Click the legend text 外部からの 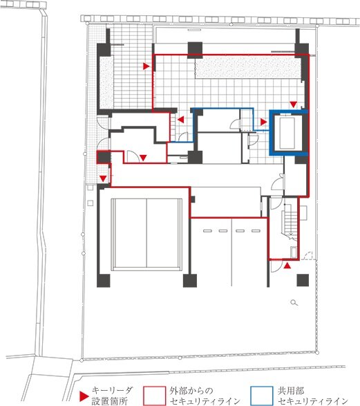191,391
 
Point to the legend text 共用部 291,391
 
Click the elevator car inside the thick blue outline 287,133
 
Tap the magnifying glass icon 294,302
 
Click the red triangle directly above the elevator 293,104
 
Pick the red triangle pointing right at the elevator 263,122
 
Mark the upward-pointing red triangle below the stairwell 287,266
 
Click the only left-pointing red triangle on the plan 180,120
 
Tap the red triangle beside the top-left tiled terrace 146,66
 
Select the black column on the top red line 195,50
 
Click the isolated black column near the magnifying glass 303,280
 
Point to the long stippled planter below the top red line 247,67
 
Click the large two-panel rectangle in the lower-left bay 146,234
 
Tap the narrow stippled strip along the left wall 106,82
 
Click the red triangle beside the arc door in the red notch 143,158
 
